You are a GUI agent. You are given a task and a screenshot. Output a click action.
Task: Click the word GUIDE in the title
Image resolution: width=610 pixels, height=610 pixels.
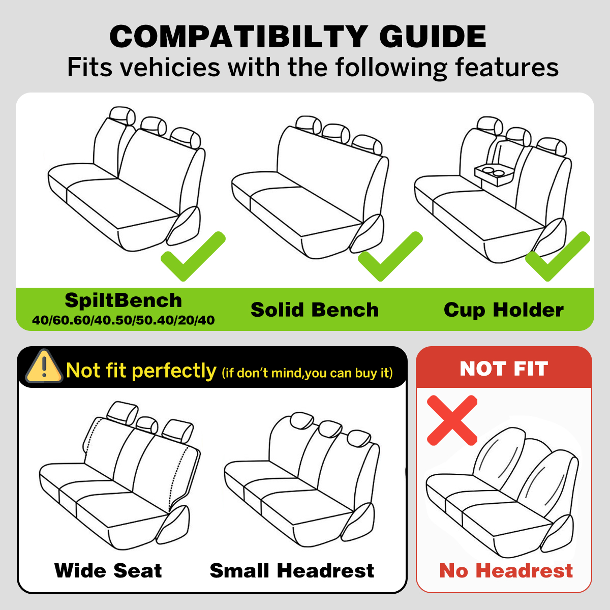tap(433, 37)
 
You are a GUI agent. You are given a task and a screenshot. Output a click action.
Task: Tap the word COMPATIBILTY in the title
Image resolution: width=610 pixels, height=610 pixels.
tap(239, 37)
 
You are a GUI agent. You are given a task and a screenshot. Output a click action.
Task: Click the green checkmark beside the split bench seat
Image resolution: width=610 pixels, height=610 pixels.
tap(193, 256)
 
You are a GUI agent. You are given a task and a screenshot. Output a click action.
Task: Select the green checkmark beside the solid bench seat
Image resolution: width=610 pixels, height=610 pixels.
tap(390, 256)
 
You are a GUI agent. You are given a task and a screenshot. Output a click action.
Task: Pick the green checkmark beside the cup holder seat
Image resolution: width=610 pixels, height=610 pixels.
tap(558, 256)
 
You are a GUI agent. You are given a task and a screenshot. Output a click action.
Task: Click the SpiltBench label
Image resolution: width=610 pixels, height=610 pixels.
tap(123, 300)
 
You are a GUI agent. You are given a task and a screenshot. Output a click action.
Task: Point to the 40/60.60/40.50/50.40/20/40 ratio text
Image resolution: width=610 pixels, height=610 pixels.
tap(123, 320)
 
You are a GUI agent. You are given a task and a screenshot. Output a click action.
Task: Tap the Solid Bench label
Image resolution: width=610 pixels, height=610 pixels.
tap(315, 310)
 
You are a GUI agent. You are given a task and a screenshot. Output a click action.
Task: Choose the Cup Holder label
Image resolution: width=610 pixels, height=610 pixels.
tap(504, 310)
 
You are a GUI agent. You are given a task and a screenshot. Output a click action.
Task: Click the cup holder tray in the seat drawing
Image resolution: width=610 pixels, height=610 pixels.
tap(494, 174)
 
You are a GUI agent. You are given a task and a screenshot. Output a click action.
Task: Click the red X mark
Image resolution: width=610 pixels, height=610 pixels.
tap(452, 420)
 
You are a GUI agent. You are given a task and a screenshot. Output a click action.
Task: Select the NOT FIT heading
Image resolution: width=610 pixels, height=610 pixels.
tap(504, 369)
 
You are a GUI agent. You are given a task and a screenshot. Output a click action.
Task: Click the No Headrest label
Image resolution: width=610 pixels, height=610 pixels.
tap(506, 571)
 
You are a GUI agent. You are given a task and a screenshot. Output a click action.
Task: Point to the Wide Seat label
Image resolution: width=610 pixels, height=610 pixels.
tap(108, 571)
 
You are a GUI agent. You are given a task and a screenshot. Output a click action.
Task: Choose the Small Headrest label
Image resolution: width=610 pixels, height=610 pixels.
tap(292, 571)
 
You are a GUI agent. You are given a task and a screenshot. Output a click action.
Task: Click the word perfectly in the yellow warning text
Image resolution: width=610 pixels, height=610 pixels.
tap(173, 371)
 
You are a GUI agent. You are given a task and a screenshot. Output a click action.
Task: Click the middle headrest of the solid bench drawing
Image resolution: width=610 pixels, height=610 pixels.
tap(336, 133)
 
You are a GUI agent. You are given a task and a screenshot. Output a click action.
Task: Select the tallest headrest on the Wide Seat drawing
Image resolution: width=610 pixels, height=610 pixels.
tap(122, 412)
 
